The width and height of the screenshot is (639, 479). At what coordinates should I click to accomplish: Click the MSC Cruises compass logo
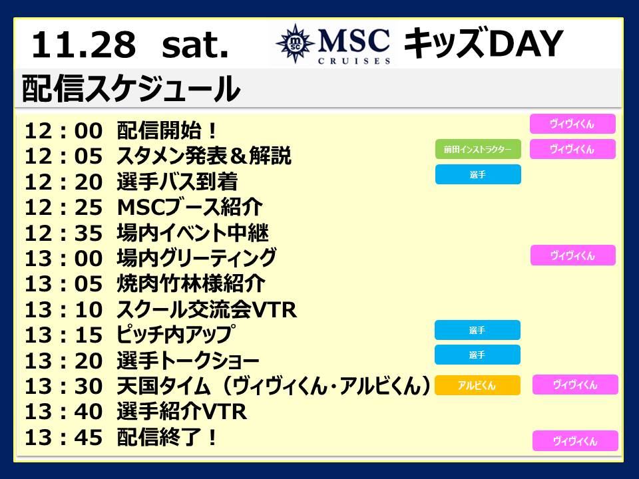coord(296,43)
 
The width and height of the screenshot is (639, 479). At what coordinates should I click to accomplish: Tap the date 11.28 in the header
coord(84,45)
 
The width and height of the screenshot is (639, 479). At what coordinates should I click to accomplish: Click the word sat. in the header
coord(195,45)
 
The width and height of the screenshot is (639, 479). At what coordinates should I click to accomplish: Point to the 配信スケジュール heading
coord(130,88)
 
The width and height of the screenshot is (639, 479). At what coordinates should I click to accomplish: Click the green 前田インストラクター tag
coord(478,149)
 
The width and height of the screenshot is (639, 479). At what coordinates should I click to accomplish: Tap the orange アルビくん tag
coord(478,385)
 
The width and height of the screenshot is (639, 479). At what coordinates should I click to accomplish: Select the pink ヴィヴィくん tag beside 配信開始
coord(572,124)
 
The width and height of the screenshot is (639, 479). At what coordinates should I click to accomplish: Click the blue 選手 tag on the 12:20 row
coord(478,174)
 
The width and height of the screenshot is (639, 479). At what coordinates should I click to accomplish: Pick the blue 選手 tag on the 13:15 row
coord(478,330)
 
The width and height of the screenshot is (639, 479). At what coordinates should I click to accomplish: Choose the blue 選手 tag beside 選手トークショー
coord(478,355)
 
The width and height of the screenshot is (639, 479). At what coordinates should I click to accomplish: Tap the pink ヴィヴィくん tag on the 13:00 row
coord(573,255)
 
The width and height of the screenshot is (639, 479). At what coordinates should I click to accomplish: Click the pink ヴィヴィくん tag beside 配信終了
coord(575,440)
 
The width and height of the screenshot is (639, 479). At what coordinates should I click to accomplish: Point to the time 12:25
coord(63,208)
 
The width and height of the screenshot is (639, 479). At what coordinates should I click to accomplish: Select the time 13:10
coord(63,310)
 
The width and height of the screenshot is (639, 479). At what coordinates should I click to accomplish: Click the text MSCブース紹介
coord(190,208)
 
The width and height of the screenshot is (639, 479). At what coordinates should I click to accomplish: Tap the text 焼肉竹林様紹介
coord(191,284)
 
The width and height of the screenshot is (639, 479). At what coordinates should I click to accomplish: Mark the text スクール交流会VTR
coord(206,309)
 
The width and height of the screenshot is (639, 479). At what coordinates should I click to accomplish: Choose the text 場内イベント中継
coord(193,233)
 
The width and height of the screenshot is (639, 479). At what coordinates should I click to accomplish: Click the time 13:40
coord(63,412)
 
